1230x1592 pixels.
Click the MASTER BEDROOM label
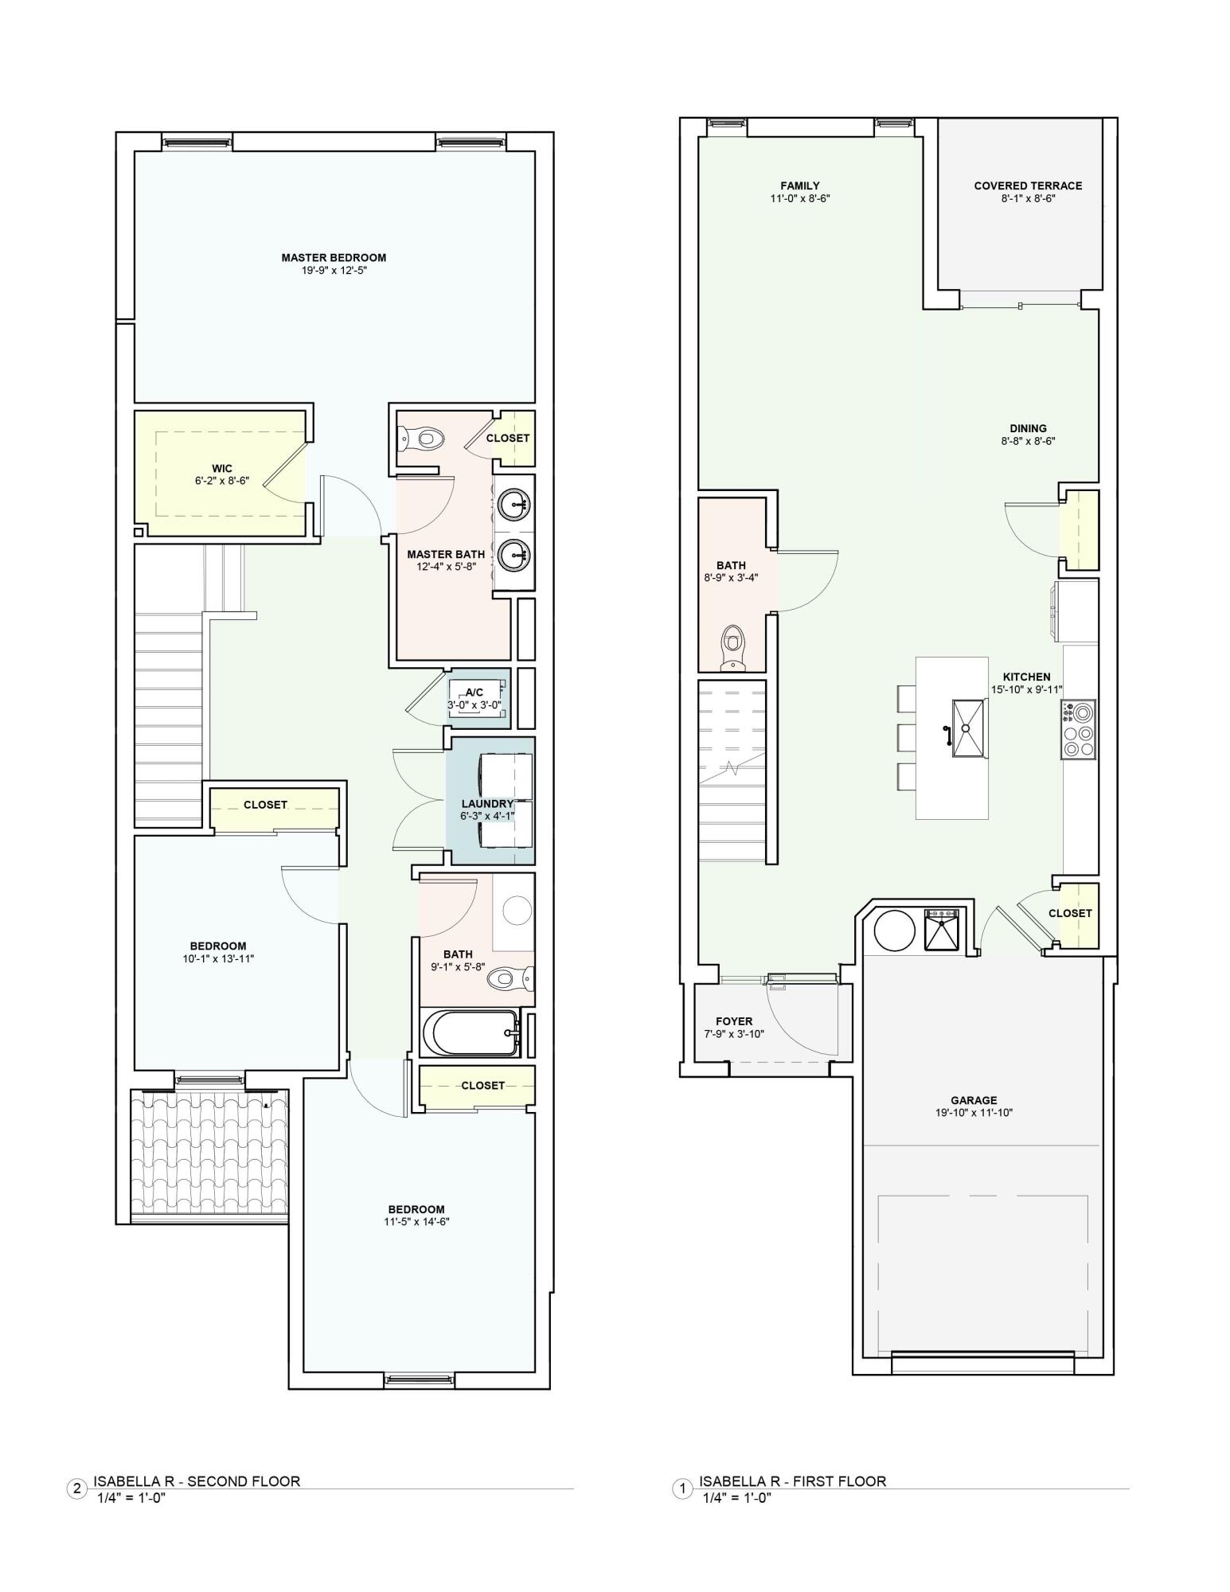[334, 258]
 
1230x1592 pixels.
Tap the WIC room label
[222, 468]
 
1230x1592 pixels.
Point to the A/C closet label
[474, 693]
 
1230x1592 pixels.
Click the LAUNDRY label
[487, 804]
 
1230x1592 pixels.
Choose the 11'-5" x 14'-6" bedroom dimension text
[416, 1222]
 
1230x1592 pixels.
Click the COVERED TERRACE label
[1028, 186]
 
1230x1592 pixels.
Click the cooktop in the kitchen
[1078, 729]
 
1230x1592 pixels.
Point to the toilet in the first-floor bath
[731, 646]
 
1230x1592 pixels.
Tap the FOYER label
[734, 1021]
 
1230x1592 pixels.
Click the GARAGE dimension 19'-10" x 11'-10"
[974, 1113]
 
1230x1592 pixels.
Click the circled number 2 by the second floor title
[76, 1489]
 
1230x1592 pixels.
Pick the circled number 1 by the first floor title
[682, 1489]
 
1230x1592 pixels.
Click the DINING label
[1028, 429]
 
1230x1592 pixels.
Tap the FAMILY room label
[800, 186]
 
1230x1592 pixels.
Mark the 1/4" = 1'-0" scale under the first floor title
[736, 1497]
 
